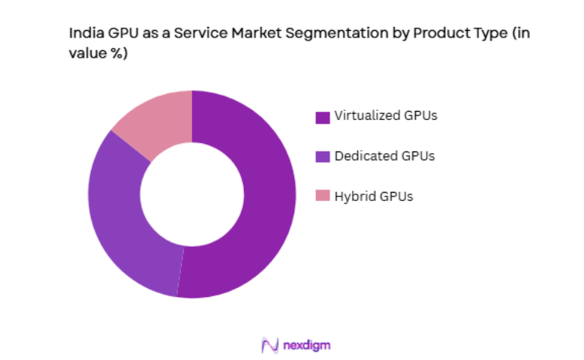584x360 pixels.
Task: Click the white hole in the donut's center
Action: pos(192,194)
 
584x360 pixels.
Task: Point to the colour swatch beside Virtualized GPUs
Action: pos(323,117)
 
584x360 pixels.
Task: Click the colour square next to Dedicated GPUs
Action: pos(323,157)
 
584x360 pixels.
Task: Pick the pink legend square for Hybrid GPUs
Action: pos(323,196)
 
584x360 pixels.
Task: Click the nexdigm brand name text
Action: pos(307,345)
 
